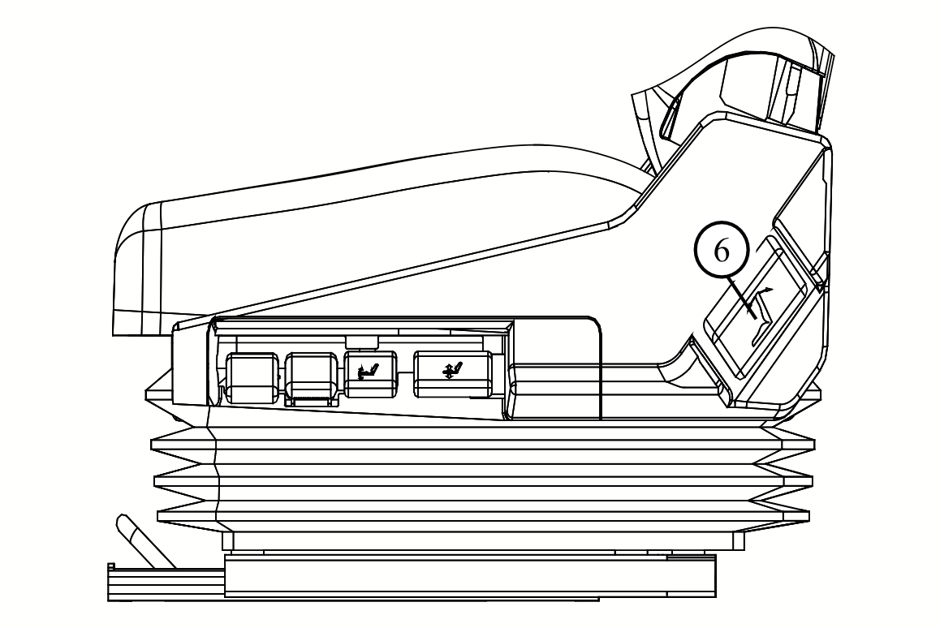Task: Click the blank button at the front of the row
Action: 251,377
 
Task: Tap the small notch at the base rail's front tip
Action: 112,566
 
